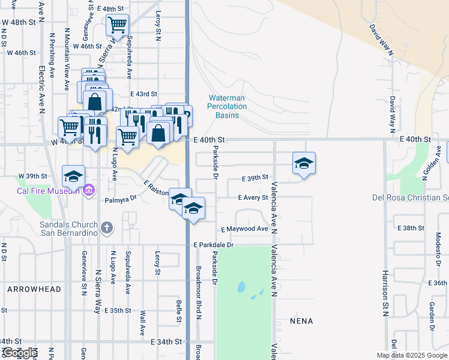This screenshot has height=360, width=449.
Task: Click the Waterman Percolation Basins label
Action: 227,106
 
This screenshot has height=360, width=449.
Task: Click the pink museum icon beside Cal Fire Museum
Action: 89,190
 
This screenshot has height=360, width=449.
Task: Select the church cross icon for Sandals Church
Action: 106,227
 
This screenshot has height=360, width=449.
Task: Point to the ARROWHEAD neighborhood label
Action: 34,289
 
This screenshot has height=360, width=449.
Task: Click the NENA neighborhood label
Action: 301,321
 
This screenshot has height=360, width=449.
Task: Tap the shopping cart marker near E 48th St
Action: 117,26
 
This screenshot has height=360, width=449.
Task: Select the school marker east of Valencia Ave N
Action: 304,163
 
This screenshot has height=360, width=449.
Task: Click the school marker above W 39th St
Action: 73,176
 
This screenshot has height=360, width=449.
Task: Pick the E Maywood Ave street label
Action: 244,229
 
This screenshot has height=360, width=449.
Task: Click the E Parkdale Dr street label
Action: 213,245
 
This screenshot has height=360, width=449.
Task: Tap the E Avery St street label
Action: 253,197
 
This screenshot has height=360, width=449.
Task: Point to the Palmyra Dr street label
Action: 121,198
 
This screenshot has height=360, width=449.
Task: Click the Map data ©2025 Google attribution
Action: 411,355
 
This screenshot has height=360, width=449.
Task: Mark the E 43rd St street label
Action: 144,94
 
